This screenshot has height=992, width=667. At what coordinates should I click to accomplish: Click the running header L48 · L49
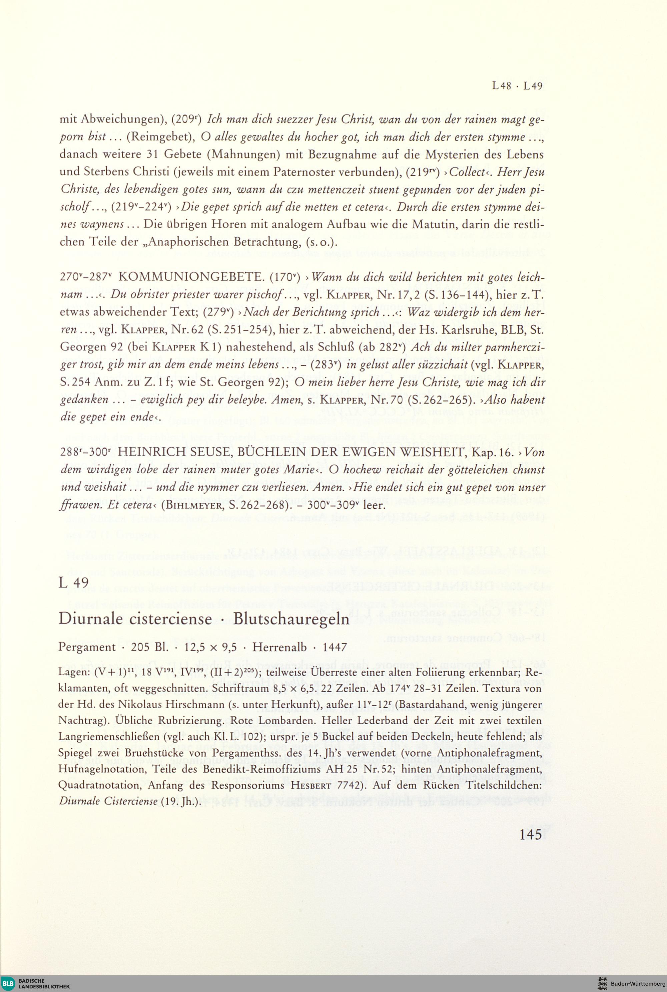pyautogui.click(x=517, y=86)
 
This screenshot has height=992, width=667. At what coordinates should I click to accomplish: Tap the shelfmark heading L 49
pyautogui.click(x=74, y=582)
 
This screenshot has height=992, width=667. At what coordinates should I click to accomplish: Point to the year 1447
pyautogui.click(x=335, y=648)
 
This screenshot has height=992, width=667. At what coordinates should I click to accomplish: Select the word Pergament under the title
pyautogui.click(x=87, y=648)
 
